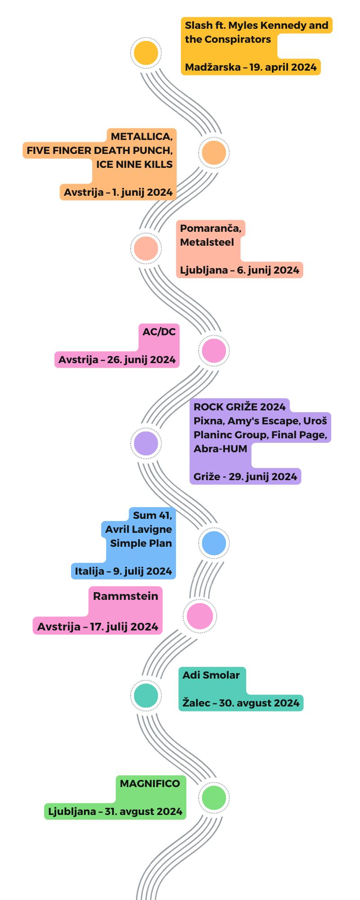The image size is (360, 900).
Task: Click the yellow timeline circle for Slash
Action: coord(146,53)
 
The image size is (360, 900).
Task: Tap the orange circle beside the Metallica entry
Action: coord(214,153)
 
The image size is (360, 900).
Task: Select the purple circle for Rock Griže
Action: coord(146,443)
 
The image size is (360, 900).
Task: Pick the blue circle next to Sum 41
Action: coord(214,543)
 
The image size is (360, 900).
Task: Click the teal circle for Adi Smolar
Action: coord(146,695)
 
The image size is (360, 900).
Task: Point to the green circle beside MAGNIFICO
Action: coord(214,797)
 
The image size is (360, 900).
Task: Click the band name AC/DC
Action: coord(159,332)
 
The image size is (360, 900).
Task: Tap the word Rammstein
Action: coord(126,596)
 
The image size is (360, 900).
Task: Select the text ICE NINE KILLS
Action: coord(134,165)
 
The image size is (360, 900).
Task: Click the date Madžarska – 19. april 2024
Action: coord(251,67)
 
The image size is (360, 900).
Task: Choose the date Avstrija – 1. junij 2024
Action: coord(118,193)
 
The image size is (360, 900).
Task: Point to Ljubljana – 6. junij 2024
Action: coord(239,270)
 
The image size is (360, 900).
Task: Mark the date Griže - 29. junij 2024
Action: coord(245,477)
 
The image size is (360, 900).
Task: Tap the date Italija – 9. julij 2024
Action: coord(123,571)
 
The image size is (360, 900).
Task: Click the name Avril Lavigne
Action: coord(139,530)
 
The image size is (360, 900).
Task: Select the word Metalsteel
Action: coord(207,243)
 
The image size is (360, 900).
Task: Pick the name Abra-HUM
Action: coord(220,449)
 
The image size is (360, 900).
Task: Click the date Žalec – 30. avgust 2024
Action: coord(241,703)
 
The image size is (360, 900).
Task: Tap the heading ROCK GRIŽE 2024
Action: coord(239,407)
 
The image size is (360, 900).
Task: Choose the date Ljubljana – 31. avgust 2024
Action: coord(115,812)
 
